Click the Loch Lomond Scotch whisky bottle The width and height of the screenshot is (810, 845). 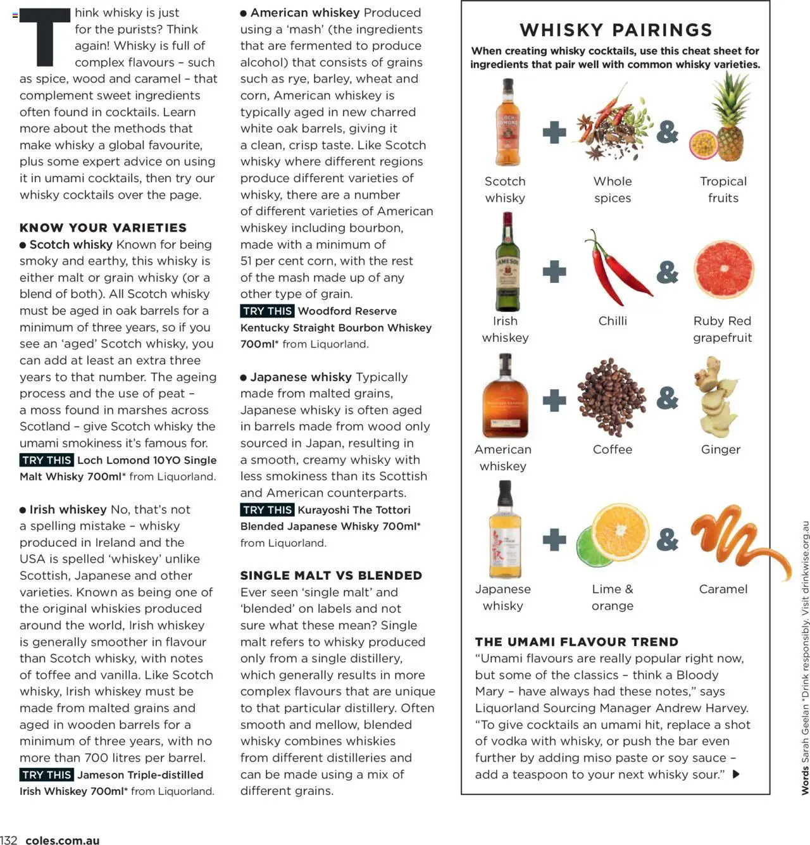point(506,123)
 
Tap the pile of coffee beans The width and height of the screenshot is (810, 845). point(612,397)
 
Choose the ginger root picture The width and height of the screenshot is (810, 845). point(720,397)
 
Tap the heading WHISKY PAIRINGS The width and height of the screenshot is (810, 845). point(616,30)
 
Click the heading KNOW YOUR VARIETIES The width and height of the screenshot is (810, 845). point(103,228)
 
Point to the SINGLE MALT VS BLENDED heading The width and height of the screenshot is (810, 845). point(331,575)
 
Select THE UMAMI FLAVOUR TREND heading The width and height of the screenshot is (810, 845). point(576,642)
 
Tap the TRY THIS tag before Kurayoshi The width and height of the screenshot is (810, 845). point(267,510)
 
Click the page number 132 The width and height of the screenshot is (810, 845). point(9,840)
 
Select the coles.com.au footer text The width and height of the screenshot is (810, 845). point(63,840)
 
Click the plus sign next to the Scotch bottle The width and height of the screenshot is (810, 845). point(554,132)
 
